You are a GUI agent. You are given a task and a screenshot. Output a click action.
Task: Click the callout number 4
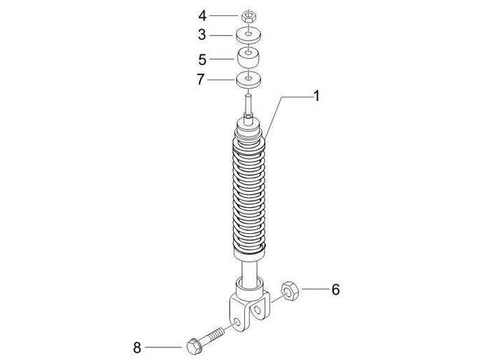coord(202,15)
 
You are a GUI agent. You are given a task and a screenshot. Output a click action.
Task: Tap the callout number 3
coord(202,34)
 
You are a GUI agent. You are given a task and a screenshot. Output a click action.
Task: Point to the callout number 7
coord(202,80)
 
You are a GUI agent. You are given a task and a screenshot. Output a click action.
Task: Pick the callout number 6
coord(335,289)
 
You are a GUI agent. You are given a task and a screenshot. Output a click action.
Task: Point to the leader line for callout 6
coord(314,289)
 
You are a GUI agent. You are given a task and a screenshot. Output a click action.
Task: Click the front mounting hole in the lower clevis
coord(243,321)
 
